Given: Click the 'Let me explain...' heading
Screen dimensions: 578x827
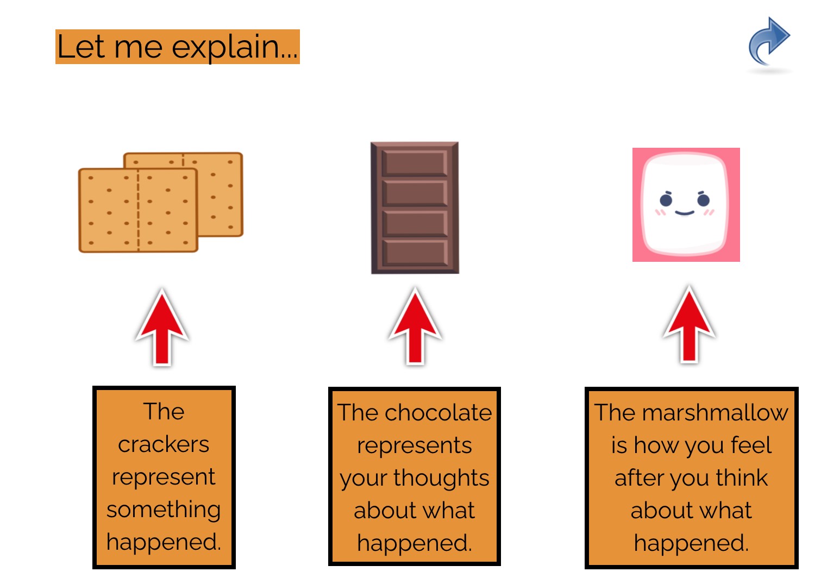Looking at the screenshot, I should (177, 47).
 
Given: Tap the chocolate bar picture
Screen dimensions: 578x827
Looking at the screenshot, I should (415, 208).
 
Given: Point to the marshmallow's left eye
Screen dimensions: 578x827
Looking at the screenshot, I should (666, 200).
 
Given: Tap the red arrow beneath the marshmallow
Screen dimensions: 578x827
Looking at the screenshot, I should (689, 325).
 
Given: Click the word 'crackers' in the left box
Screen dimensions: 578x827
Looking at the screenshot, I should (164, 444).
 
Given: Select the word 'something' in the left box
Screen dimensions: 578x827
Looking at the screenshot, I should (164, 510).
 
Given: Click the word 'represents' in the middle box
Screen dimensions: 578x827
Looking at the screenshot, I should (414, 445).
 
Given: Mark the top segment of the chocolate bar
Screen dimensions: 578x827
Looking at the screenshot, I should (415, 162).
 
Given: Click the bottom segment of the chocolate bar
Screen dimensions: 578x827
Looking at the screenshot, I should (415, 252).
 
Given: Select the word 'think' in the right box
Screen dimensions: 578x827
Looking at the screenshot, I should (741, 478).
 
